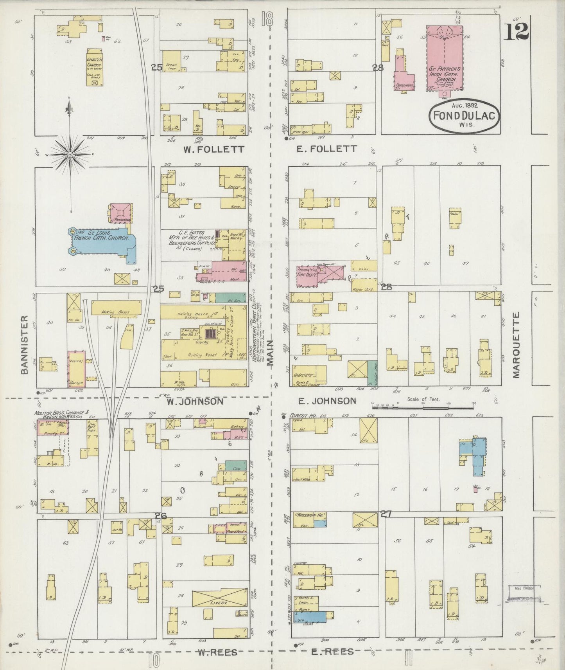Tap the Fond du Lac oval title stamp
(464, 115)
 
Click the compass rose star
(70, 155)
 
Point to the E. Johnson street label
(327, 401)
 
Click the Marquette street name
(516, 345)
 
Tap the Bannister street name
(25, 345)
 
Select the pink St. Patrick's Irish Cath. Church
(444, 59)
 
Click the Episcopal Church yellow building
(94, 67)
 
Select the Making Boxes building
(116, 308)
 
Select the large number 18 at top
(267, 19)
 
